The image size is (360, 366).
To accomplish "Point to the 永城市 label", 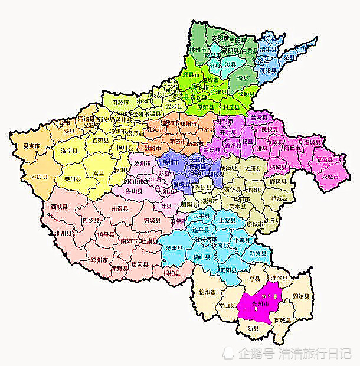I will coord(330,177).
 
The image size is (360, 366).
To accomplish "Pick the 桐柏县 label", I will coord(173,273).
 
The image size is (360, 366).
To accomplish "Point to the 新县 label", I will coord(253,328).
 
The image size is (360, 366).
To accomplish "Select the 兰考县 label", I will coord(260,118).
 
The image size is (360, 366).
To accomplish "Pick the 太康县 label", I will coord(253,168).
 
